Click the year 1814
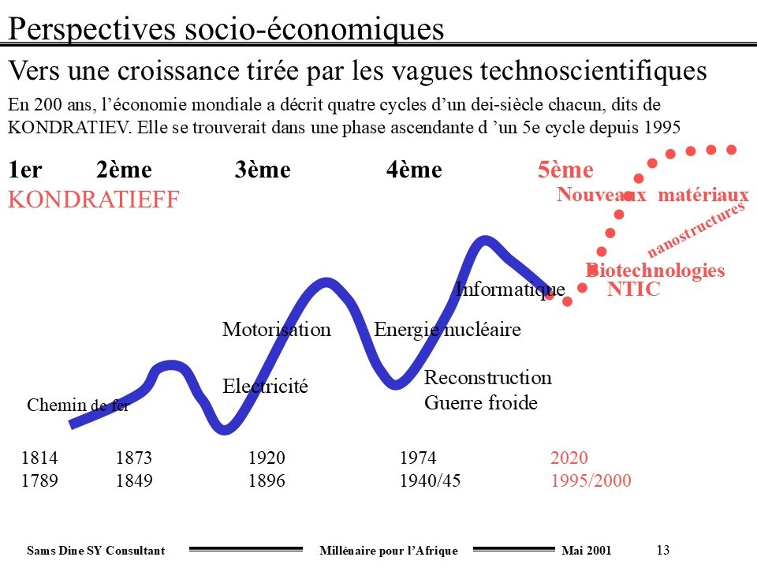(39, 458)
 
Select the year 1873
(133, 458)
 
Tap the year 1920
(267, 458)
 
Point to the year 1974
(418, 458)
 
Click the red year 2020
(569, 458)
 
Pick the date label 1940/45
(430, 481)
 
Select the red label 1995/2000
(591, 481)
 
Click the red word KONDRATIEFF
(94, 200)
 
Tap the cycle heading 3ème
(263, 170)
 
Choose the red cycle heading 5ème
(565, 170)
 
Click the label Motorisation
(276, 329)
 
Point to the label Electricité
(265, 387)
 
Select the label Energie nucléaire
(447, 329)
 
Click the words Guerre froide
(480, 403)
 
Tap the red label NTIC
(633, 290)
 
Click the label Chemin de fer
(77, 406)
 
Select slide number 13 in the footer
(662, 550)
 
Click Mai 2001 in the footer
(585, 550)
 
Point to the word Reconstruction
(487, 378)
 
